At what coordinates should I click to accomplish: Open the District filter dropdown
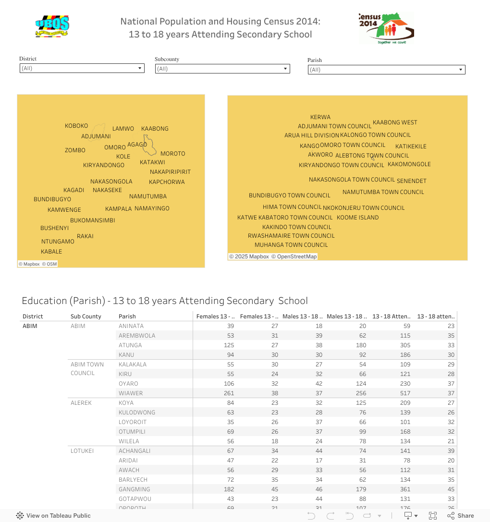pyautogui.click(x=82, y=68)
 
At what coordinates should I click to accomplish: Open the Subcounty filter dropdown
pyautogui.click(x=222, y=69)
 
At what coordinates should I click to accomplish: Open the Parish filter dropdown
pyautogui.click(x=386, y=70)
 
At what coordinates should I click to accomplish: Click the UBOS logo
pyautogui.click(x=52, y=26)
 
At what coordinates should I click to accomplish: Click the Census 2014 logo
pyautogui.click(x=386, y=28)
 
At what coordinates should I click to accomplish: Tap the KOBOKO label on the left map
pyautogui.click(x=76, y=126)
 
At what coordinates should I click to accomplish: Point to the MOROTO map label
pyautogui.click(x=172, y=154)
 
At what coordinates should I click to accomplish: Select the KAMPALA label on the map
pyautogui.click(x=118, y=209)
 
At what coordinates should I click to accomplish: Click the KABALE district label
pyautogui.click(x=51, y=252)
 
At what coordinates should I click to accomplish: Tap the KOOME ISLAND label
pyautogui.click(x=357, y=218)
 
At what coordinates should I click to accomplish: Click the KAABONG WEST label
pyautogui.click(x=395, y=122)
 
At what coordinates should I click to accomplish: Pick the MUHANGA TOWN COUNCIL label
pyautogui.click(x=291, y=245)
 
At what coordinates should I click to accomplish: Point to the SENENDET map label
pyautogui.click(x=411, y=181)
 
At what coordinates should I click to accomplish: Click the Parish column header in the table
pyautogui.click(x=127, y=316)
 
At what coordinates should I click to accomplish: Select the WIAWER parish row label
pyautogui.click(x=131, y=393)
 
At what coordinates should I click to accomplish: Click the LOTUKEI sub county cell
pyautogui.click(x=82, y=451)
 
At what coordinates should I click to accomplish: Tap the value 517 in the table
pyautogui.click(x=405, y=393)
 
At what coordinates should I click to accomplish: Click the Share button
pyautogui.click(x=461, y=516)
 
